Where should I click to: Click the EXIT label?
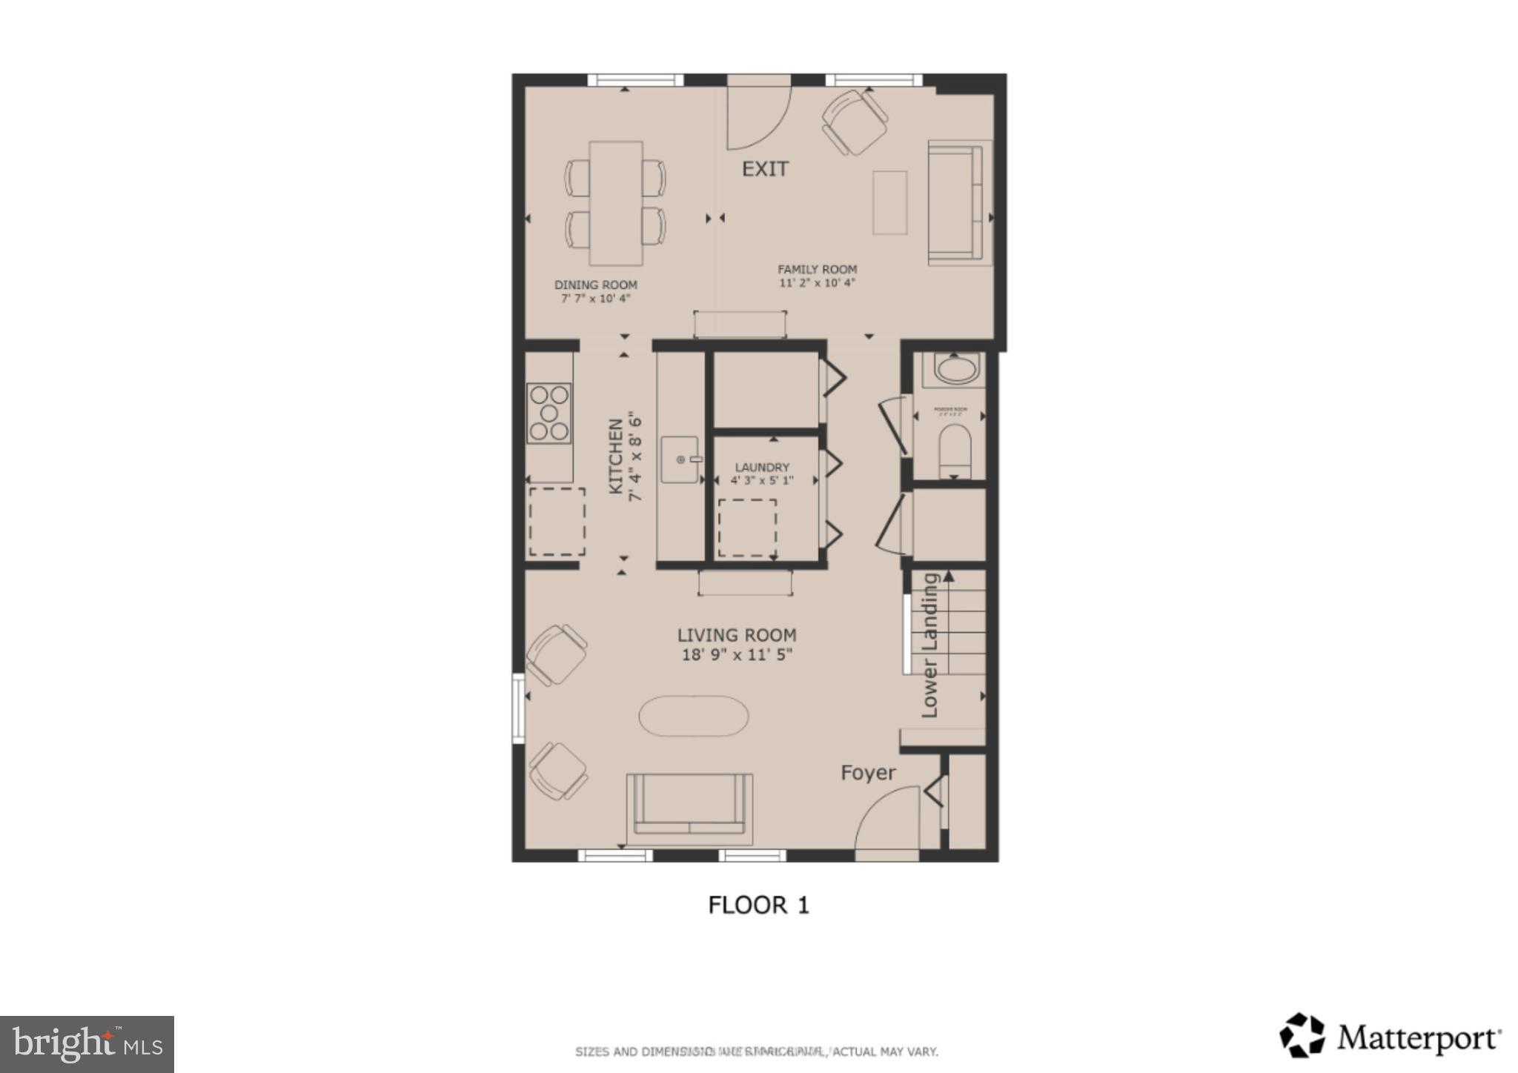[x=765, y=169]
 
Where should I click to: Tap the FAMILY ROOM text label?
[x=817, y=270]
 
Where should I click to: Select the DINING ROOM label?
[x=595, y=285]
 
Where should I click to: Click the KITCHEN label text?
[x=616, y=456]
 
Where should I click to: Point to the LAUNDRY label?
[x=762, y=468]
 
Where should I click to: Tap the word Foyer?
[x=868, y=773]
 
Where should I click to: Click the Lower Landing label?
[x=929, y=645]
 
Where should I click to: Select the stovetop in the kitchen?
[x=548, y=413]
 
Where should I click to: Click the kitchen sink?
[x=680, y=460]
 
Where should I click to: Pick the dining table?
[x=616, y=203]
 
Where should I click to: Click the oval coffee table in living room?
[x=693, y=716]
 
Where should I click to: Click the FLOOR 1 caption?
[x=758, y=905]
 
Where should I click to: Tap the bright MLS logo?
[x=87, y=1044]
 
